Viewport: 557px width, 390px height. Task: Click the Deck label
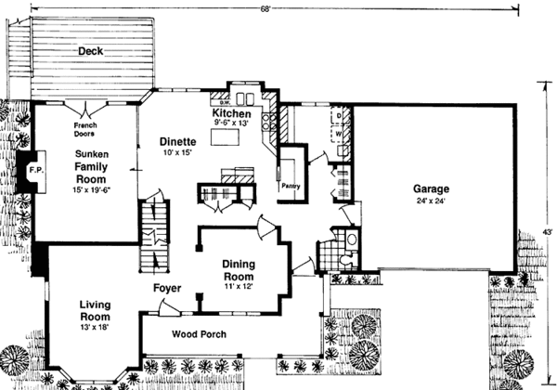[x=90, y=51]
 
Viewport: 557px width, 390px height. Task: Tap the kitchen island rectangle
[x=225, y=138]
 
